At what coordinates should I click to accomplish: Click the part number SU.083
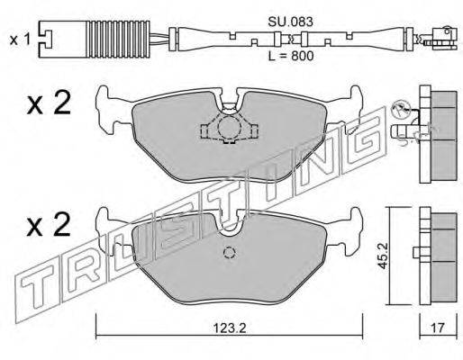point(290,22)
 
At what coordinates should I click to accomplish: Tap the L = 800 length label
point(291,56)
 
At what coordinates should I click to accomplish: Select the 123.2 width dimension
point(230,328)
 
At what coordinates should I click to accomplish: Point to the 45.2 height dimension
point(383,256)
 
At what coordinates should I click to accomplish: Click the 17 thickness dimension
point(438,328)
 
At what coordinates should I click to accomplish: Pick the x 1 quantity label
point(20,40)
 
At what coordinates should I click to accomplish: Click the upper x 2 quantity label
point(49,103)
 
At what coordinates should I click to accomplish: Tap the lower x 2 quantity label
point(49,224)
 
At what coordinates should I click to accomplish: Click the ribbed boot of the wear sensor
point(118,39)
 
